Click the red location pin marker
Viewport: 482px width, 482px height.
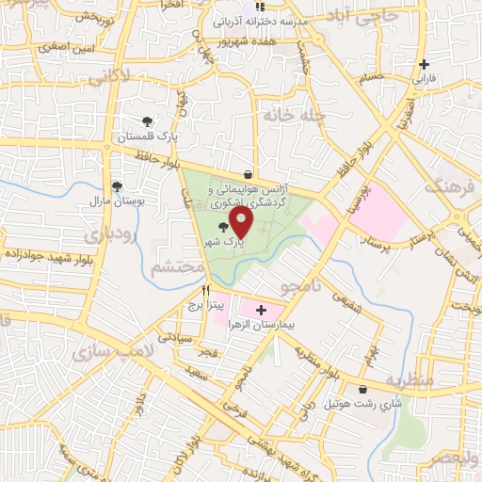[x=241, y=222]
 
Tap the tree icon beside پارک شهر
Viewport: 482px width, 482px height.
[x=222, y=227]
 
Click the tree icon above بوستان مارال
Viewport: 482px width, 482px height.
[x=117, y=186]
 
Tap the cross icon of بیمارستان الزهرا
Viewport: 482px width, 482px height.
[x=261, y=309]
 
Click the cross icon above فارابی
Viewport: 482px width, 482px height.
[x=424, y=65]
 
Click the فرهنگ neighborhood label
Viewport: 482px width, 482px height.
[x=450, y=185]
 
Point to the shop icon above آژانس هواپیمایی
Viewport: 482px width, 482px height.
[x=248, y=174]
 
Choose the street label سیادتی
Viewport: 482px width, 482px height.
[x=175, y=336]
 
